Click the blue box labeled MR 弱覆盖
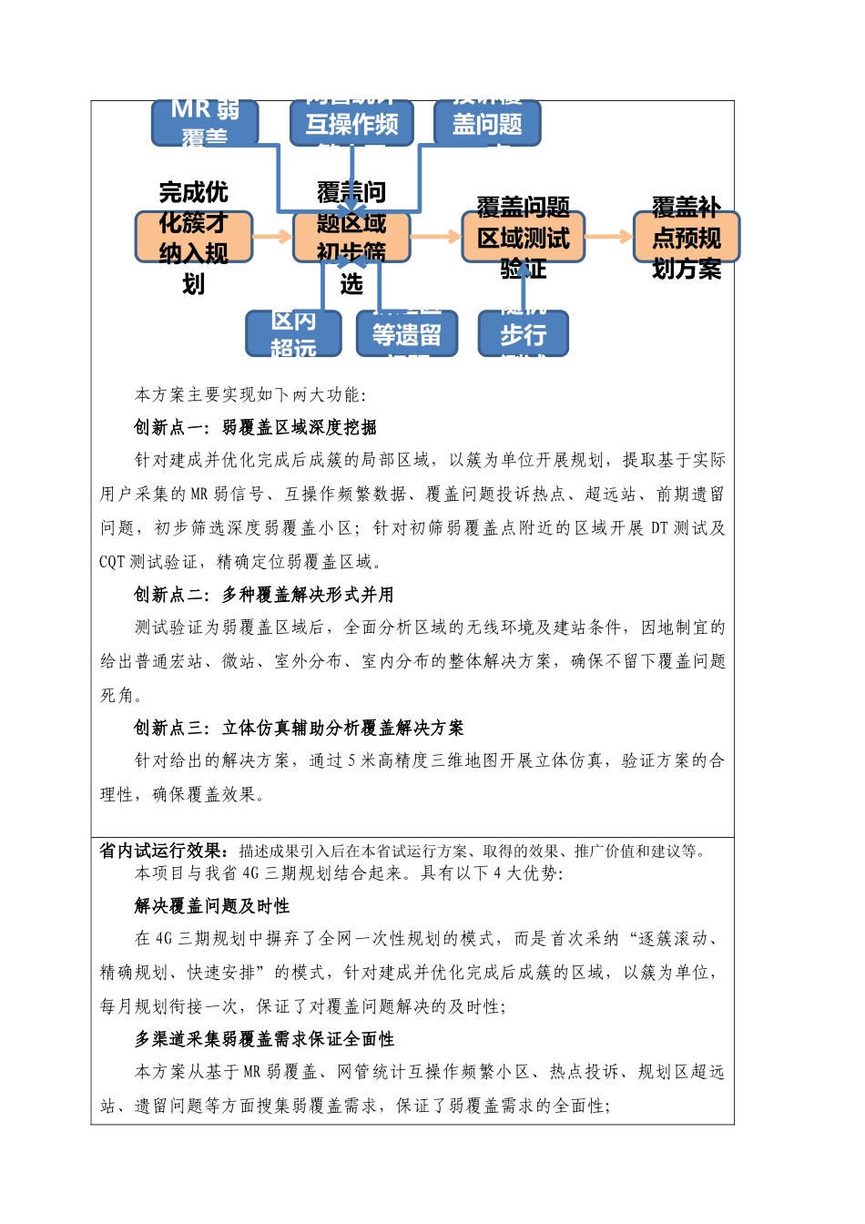[205, 123]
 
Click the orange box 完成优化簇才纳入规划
[193, 237]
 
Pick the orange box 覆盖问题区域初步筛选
[351, 237]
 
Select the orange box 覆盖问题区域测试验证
[523, 238]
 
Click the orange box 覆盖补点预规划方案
[687, 237]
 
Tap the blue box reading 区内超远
[293, 333]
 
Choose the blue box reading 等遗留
[406, 334]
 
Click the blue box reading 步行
[523, 334]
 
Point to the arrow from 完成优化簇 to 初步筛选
[272, 237]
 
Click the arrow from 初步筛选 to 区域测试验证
[436, 237]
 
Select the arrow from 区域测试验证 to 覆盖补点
[608, 237]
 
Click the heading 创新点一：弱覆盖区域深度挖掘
[255, 427]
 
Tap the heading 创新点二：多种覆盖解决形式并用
[264, 595]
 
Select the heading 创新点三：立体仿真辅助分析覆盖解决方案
[299, 728]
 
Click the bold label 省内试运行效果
[164, 851]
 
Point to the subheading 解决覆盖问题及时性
[212, 906]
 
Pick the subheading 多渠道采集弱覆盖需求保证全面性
[264, 1039]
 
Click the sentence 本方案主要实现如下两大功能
[250, 394]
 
